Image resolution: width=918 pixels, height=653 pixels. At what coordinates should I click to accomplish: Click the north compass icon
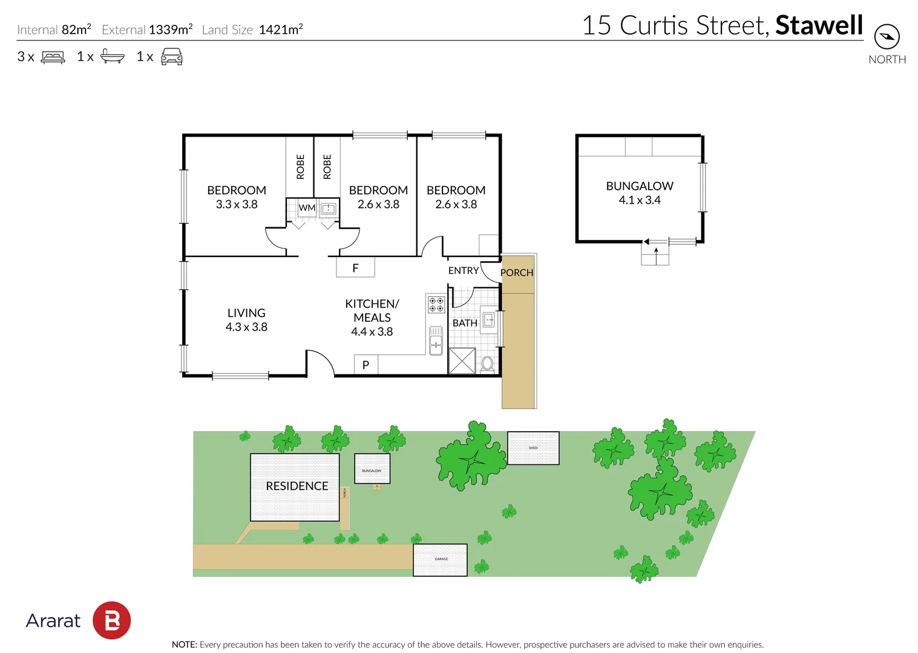tap(887, 37)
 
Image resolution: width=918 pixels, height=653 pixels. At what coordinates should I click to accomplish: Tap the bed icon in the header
tap(53, 57)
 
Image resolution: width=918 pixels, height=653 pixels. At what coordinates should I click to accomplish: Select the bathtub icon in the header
tap(113, 57)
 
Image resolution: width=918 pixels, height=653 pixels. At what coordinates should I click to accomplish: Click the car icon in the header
tap(172, 57)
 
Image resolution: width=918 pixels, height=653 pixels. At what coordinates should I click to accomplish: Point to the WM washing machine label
tap(307, 208)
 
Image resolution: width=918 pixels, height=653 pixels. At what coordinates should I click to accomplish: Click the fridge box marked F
tap(356, 267)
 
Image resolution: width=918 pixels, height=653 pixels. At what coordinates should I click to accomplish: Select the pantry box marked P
tap(366, 365)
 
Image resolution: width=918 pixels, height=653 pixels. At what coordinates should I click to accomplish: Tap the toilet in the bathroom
tap(487, 364)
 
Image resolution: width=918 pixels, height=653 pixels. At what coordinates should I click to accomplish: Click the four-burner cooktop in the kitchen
tap(436, 304)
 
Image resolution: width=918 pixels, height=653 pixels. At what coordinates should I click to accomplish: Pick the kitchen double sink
tap(436, 340)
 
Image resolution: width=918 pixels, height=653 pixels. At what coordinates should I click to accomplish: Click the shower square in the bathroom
tap(462, 361)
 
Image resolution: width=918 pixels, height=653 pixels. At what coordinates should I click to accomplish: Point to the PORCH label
tap(517, 273)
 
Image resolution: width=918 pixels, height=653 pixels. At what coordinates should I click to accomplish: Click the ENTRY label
tap(464, 271)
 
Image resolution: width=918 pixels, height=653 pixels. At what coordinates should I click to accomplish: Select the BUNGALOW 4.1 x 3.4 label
tap(640, 193)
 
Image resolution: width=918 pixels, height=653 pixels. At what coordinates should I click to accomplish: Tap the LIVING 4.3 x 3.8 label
tap(246, 320)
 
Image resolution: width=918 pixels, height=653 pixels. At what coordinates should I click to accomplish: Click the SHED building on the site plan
tap(533, 448)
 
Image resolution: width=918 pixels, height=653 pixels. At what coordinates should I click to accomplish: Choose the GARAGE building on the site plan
tap(441, 560)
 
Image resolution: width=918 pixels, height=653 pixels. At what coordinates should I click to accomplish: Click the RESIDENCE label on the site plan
tap(297, 486)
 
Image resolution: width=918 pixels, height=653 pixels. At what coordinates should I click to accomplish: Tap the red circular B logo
tap(112, 620)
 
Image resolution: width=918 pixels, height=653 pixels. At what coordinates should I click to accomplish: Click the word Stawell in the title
tap(819, 25)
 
